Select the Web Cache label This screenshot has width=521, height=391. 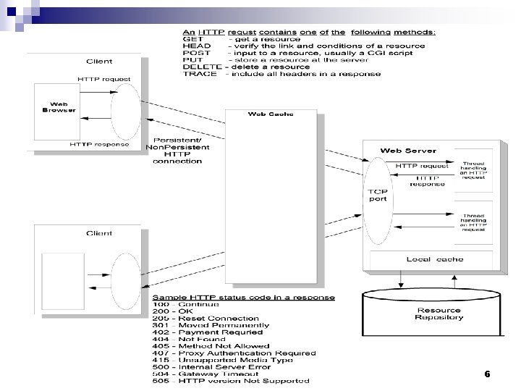[x=271, y=114]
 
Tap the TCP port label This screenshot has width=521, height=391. [x=378, y=195]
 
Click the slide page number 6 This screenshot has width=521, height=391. [x=487, y=374]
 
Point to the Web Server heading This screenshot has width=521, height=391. [x=408, y=151]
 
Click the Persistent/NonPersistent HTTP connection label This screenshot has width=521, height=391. [x=177, y=151]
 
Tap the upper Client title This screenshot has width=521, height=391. [x=98, y=61]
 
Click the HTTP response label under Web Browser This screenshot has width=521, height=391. [x=99, y=144]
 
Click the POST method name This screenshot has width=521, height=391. [x=196, y=53]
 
